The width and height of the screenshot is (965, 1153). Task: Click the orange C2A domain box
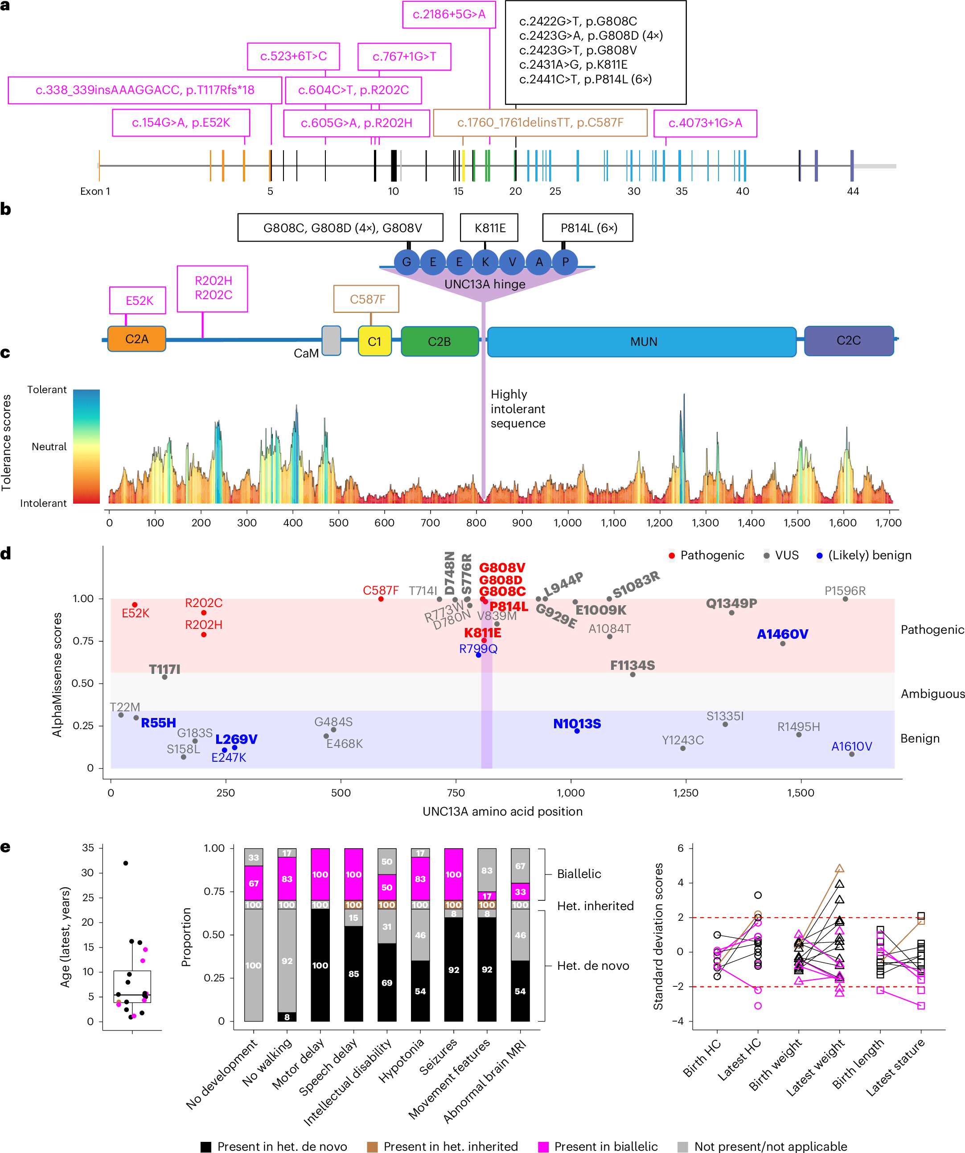click(137, 339)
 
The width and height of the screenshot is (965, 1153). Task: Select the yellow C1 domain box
click(374, 341)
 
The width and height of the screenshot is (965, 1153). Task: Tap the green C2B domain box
click(439, 341)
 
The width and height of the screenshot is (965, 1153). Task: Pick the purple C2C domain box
click(848, 341)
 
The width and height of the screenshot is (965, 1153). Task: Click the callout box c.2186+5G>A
click(449, 15)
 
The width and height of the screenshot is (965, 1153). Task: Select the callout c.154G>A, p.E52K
click(181, 123)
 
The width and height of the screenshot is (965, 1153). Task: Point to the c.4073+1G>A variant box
click(705, 123)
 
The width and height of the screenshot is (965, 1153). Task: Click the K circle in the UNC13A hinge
click(485, 262)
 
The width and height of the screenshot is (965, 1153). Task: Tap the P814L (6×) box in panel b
click(587, 228)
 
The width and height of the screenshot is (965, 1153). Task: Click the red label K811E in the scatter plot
click(482, 632)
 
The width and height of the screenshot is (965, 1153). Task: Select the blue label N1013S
click(577, 724)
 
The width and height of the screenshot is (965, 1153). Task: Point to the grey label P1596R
click(845, 591)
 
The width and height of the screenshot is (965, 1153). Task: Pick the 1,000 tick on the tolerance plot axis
click(567, 523)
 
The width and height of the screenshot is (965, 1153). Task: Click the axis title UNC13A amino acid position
click(502, 811)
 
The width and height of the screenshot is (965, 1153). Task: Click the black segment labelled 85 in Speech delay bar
click(354, 973)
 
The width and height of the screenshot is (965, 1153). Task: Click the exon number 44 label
click(852, 191)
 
